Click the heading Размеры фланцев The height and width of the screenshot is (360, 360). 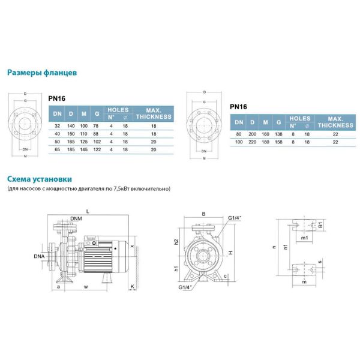41,73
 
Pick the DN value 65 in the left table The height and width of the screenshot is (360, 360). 57,148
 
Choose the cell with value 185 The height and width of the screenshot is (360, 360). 71,148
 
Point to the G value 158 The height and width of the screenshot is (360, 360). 277,142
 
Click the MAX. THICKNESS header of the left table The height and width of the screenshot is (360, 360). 153,113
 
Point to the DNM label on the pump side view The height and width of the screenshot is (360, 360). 76,218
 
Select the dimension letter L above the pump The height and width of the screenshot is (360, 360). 88,211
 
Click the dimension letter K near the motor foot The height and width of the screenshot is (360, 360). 131,287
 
